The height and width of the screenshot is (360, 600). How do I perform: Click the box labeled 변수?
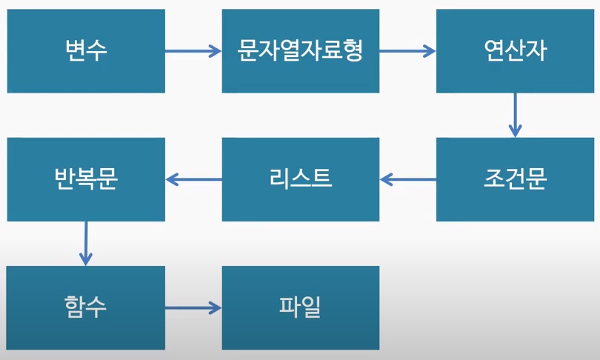[x=86, y=51]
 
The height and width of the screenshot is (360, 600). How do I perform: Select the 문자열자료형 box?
[x=301, y=51]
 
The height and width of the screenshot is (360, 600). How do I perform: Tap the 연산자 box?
[x=515, y=51]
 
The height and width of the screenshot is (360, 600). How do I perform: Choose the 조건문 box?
[x=515, y=179]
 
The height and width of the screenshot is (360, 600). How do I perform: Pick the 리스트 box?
[x=301, y=179]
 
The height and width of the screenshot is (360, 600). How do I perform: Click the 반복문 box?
[x=86, y=179]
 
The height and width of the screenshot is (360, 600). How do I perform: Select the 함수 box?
[x=86, y=307]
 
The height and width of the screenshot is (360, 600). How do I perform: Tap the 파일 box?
[x=301, y=307]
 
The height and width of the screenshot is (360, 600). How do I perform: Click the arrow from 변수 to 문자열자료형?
[x=193, y=51]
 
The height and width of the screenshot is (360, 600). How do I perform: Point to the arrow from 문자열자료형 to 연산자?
[x=408, y=51]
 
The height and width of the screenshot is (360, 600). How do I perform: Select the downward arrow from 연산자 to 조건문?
[x=515, y=115]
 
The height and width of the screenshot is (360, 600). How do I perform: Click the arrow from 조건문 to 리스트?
[x=408, y=179]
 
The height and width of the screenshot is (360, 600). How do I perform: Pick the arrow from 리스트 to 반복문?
[x=193, y=179]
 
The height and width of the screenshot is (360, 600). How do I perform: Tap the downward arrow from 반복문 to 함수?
[x=86, y=244]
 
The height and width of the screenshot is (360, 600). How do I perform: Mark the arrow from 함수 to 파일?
[x=193, y=307]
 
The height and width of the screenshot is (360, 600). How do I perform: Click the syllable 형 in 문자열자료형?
[x=352, y=50]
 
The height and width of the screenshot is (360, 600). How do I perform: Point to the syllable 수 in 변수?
[x=97, y=50]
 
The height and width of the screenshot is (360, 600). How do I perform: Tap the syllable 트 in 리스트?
[x=321, y=179]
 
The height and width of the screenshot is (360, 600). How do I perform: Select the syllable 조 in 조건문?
[x=494, y=179]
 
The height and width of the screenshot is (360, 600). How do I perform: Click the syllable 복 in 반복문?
[x=86, y=179]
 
